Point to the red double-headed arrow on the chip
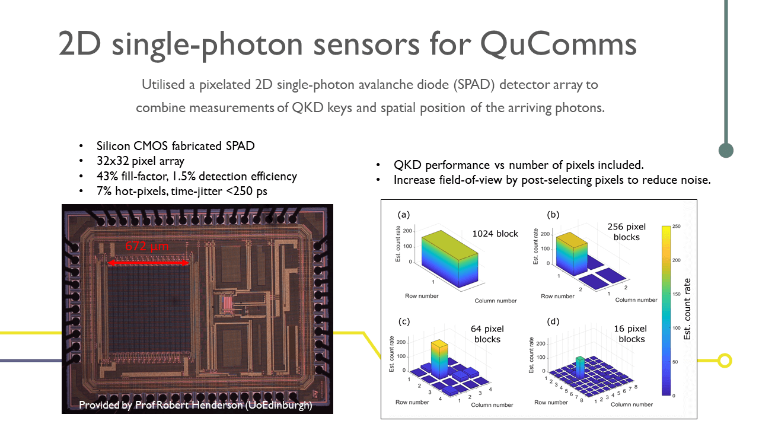pyautogui.click(x=148, y=263)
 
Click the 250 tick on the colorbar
pyautogui.click(x=677, y=227)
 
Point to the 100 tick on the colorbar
pyautogui.click(x=677, y=327)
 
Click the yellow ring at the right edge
pyautogui.click(x=724, y=360)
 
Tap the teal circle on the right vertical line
pyautogui.click(x=726, y=150)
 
